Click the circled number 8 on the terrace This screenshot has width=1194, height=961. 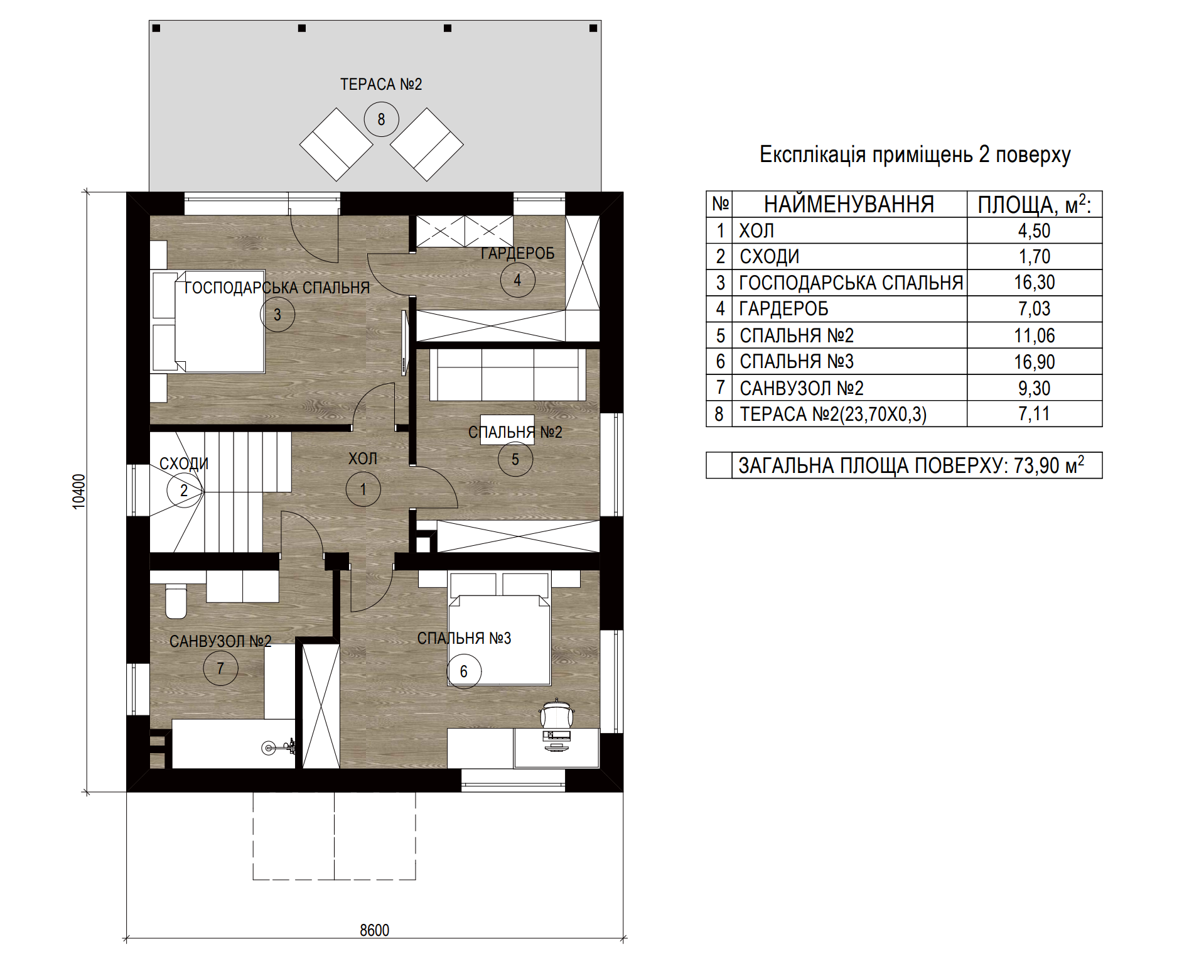click(381, 119)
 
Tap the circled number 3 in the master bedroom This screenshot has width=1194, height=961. click(277, 314)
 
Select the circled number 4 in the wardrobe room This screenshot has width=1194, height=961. click(517, 280)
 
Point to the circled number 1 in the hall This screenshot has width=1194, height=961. click(363, 489)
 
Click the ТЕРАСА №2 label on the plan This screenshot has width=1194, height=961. click(381, 84)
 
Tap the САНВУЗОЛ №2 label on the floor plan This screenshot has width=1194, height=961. click(220, 641)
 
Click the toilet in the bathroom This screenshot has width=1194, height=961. click(176, 601)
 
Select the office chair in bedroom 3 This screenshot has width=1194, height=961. click(557, 714)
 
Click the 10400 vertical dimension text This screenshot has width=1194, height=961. click(78, 491)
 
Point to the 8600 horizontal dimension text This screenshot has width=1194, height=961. click(375, 930)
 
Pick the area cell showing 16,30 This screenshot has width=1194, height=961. click(1035, 283)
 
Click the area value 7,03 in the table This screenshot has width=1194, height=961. click(1035, 308)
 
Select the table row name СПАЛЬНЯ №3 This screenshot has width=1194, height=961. click(797, 361)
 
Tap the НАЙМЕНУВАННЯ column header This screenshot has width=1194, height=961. click(849, 205)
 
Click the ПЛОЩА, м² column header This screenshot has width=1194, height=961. click(1035, 205)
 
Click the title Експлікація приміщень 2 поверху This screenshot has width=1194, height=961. click(915, 155)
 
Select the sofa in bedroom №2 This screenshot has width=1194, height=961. click(507, 375)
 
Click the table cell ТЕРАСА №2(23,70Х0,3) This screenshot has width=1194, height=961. click(833, 414)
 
